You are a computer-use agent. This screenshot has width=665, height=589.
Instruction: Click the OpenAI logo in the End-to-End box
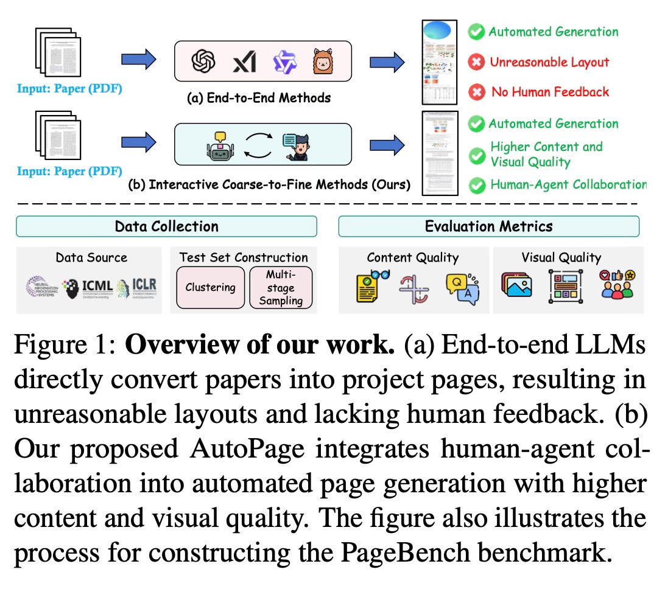point(204,61)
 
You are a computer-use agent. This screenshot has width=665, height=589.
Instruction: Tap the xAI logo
point(244,61)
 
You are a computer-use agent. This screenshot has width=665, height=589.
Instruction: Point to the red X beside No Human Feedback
point(476,92)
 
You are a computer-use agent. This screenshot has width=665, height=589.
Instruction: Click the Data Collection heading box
point(166,226)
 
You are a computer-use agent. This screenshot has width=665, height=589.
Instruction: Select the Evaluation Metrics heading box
point(489,226)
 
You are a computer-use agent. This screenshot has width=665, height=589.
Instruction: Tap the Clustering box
point(210,287)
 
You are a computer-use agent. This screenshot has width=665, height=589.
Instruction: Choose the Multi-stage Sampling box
point(281,287)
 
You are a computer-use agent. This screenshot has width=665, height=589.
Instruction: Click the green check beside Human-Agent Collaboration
point(476,185)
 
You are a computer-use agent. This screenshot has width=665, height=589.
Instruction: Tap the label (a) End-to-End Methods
point(259,97)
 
